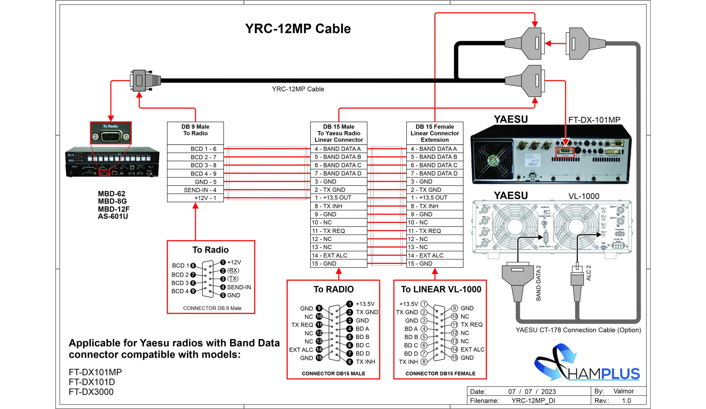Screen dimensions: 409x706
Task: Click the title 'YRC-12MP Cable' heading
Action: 298,29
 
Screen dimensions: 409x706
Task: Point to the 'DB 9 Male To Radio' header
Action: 195,130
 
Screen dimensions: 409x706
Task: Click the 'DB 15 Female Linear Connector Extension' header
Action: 435,133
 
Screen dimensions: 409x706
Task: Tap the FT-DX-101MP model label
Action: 594,120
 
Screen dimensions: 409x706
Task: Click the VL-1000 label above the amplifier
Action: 584,196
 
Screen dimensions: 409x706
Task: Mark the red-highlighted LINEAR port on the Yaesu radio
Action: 565,152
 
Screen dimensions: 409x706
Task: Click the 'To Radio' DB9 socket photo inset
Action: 111,133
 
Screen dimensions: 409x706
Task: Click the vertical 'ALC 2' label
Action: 588,273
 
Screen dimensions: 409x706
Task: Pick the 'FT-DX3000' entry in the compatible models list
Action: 91,392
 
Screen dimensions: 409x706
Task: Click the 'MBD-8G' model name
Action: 112,201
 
